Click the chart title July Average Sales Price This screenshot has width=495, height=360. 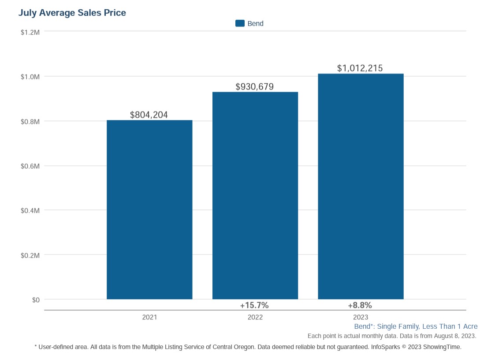pyautogui.click(x=72, y=13)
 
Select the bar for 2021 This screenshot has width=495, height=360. pyautogui.click(x=149, y=210)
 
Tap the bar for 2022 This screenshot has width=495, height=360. pyautogui.click(x=255, y=196)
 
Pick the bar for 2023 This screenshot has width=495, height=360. pyautogui.click(x=361, y=186)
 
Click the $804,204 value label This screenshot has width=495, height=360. pyautogui.click(x=149, y=115)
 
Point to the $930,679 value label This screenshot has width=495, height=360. pyautogui.click(x=255, y=87)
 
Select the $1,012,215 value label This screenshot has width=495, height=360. pyautogui.click(x=360, y=68)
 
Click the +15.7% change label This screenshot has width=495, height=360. pyautogui.click(x=254, y=305)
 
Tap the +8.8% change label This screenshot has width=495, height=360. pyautogui.click(x=360, y=305)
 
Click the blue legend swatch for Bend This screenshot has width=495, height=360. pyautogui.click(x=240, y=23)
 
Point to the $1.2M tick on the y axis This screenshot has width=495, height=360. pyautogui.click(x=30, y=32)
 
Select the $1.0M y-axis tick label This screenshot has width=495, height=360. pyautogui.click(x=30, y=77)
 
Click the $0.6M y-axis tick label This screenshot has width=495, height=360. pyautogui.click(x=30, y=166)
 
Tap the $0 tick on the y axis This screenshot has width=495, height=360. pyautogui.click(x=36, y=300)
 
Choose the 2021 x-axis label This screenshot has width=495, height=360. pyautogui.click(x=149, y=317)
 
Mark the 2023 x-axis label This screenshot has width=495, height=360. pyautogui.click(x=361, y=317)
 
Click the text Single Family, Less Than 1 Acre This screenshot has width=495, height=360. pyautogui.click(x=427, y=327)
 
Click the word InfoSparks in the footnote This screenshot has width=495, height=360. pyautogui.click(x=386, y=347)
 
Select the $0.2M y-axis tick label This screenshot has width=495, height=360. pyautogui.click(x=30, y=256)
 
